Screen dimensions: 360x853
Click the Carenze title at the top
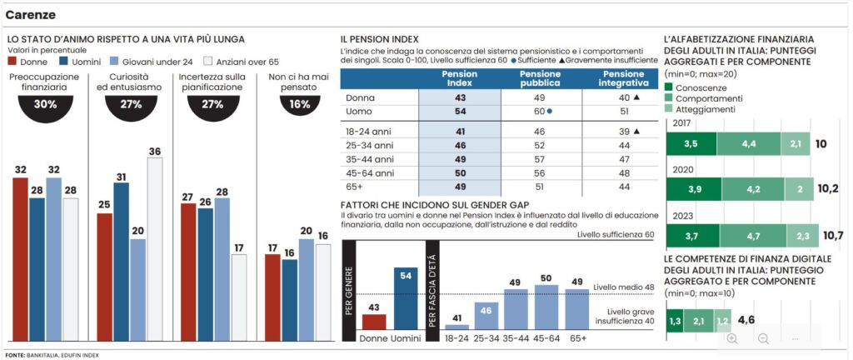tap(31, 14)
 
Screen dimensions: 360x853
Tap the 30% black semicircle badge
tap(45, 107)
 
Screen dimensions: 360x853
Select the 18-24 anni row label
tap(368, 131)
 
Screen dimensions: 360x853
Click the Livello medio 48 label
tap(623, 287)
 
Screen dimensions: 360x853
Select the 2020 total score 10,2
tap(828, 188)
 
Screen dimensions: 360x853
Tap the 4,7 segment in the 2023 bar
tap(751, 237)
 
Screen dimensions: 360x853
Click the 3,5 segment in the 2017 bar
tap(691, 144)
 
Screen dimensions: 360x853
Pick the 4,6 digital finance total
tap(746, 319)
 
